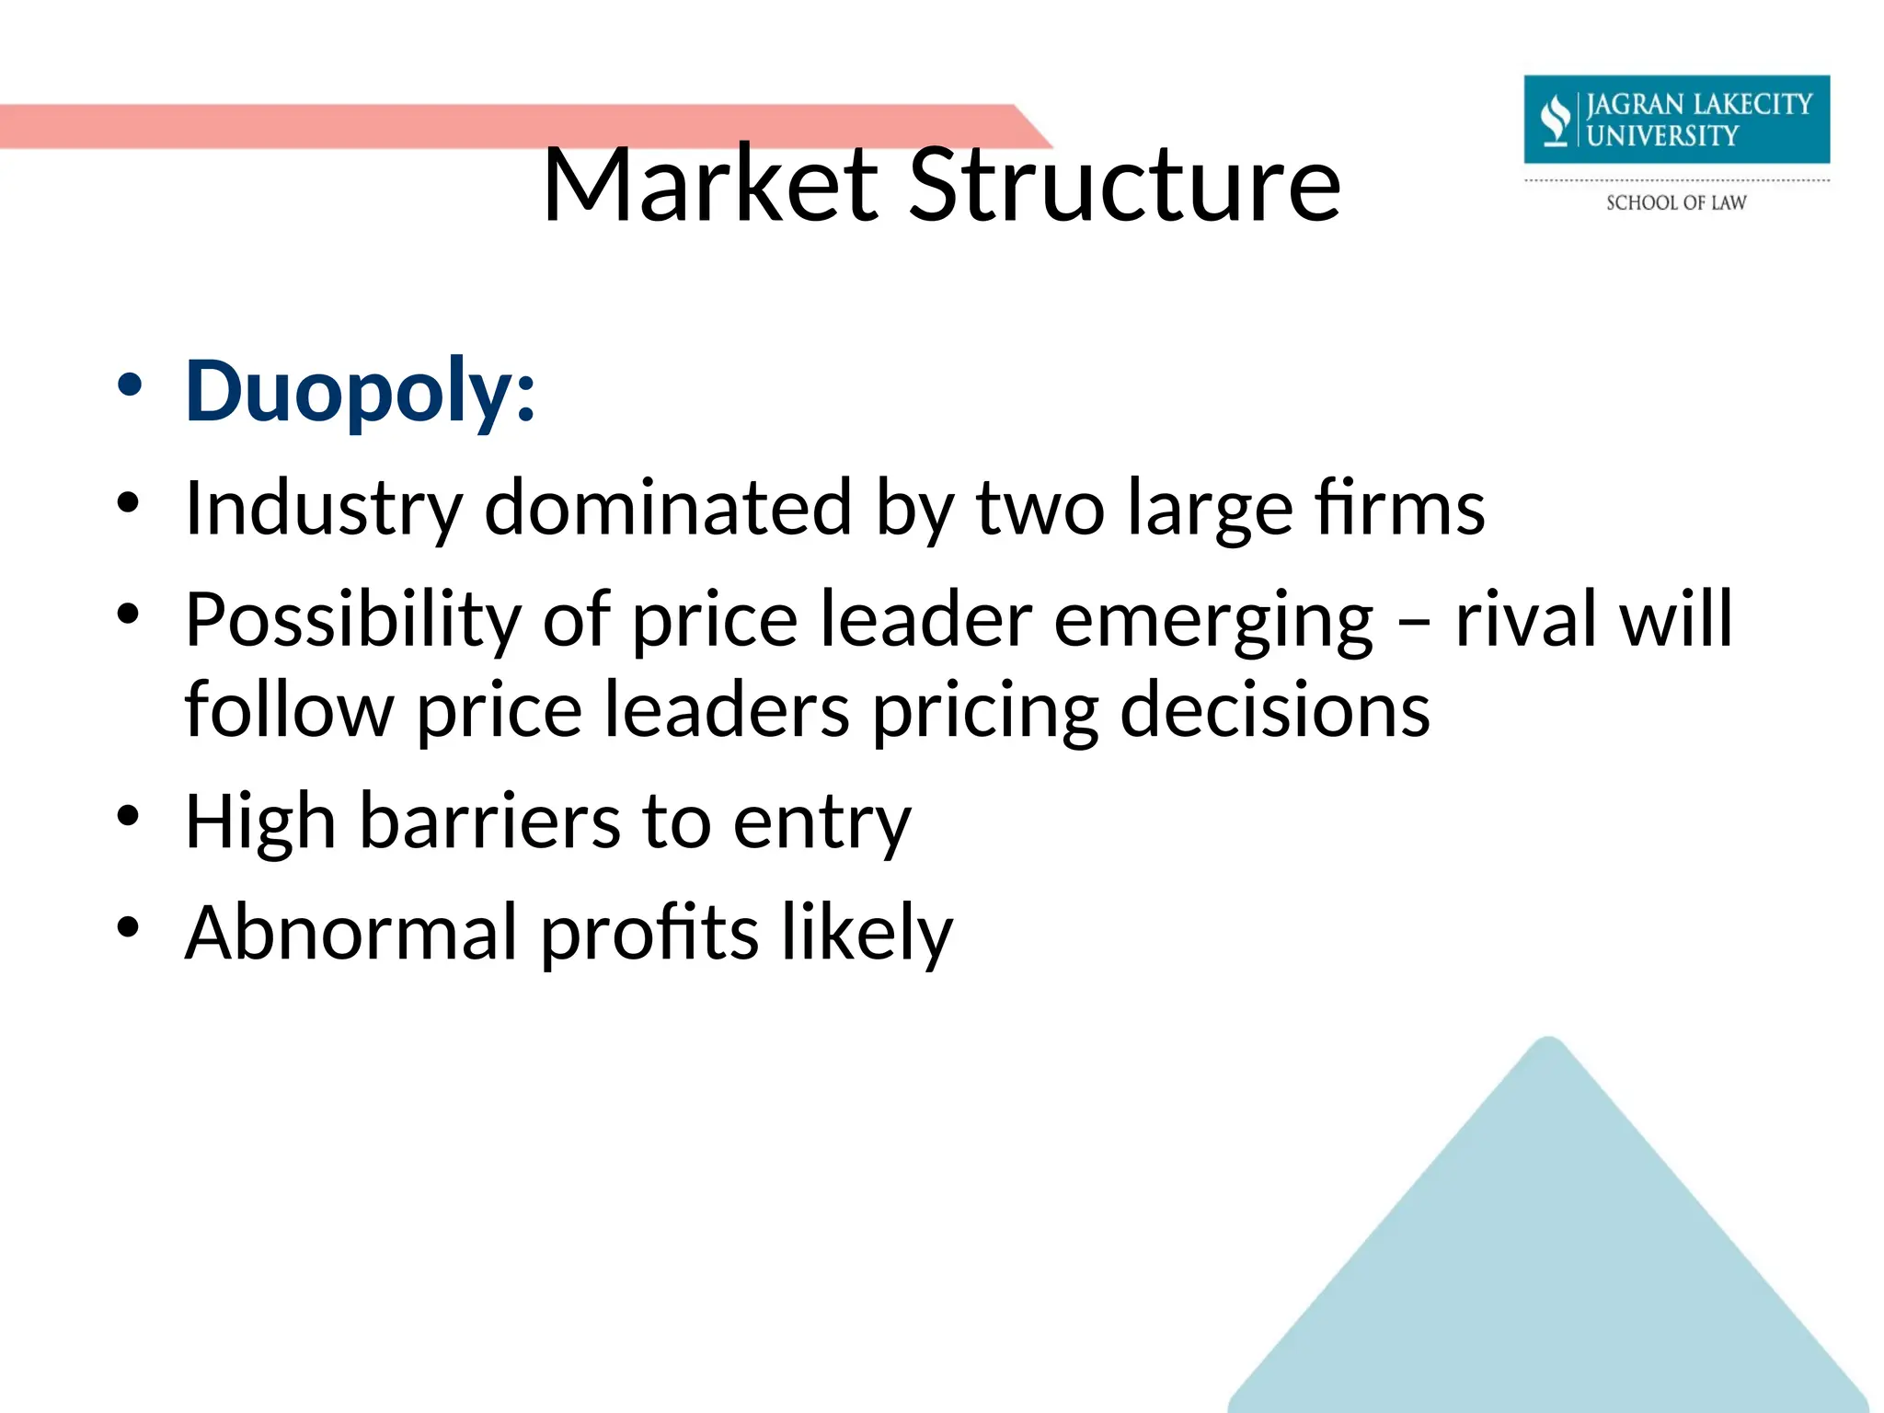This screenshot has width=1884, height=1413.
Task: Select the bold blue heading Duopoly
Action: tap(359, 391)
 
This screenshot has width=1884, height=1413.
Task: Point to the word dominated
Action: tap(668, 508)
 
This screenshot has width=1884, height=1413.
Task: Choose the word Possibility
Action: tap(353, 620)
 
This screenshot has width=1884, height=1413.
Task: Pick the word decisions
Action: tap(1274, 710)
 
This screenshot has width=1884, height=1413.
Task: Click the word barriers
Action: tap(489, 821)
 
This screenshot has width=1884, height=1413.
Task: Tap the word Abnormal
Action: tap(350, 932)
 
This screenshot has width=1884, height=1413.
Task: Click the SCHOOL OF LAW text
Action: tap(1675, 202)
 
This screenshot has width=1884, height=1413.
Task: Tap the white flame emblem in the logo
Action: tap(1556, 121)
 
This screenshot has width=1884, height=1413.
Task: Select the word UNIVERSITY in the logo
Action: tap(1662, 136)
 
